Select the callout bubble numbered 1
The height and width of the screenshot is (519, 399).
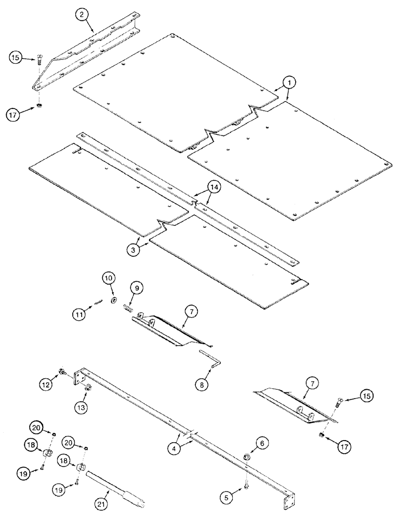(289, 83)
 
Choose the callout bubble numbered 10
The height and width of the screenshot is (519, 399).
(110, 279)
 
